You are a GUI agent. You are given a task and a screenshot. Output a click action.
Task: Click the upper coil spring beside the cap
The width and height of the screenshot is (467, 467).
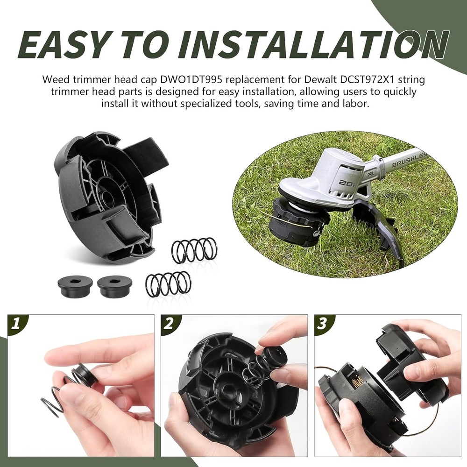tap(194, 250)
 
